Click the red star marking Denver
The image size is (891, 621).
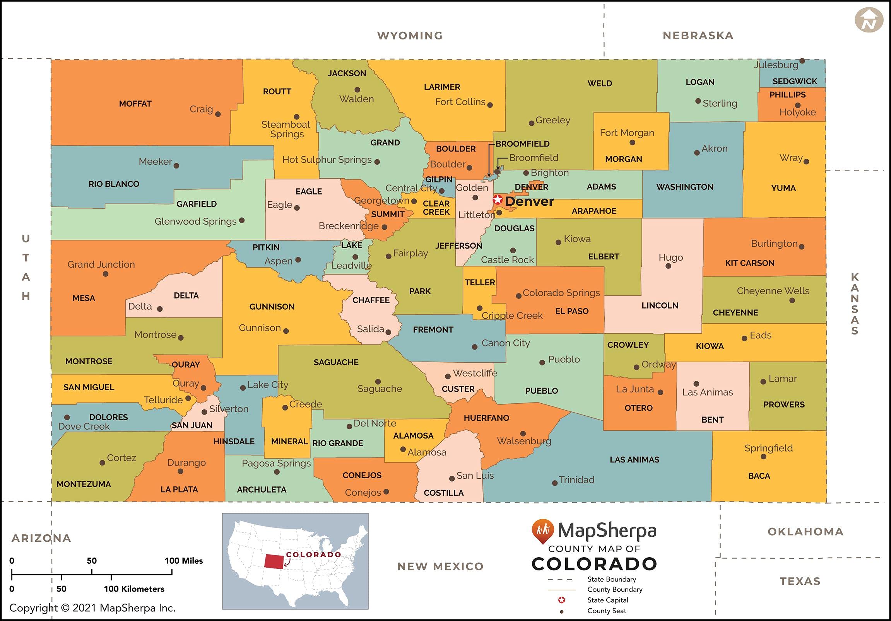pos(498,200)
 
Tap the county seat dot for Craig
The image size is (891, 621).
pos(218,114)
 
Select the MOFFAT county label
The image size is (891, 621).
pos(135,104)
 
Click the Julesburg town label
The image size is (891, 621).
pos(776,65)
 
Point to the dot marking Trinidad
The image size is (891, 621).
pos(555,483)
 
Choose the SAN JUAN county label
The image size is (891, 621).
pos(192,425)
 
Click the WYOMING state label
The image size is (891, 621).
pos(410,36)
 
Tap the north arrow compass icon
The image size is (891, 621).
pos(869,20)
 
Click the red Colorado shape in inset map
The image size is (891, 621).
pos(274,561)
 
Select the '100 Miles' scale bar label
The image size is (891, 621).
pos(183,561)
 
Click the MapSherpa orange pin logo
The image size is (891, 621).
pos(542,530)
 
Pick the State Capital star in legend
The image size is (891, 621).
pos(561,600)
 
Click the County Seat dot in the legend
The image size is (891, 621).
pos(561,611)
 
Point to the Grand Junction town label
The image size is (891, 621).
pos(101,264)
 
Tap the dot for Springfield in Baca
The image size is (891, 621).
pos(763,457)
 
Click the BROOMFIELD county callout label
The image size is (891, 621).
pos(522,144)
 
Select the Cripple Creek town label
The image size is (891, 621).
pos(511,316)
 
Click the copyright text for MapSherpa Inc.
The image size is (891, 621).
pos(92,608)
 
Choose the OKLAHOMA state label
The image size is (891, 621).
pos(805,531)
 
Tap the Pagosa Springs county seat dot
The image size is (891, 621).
pos(277,472)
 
